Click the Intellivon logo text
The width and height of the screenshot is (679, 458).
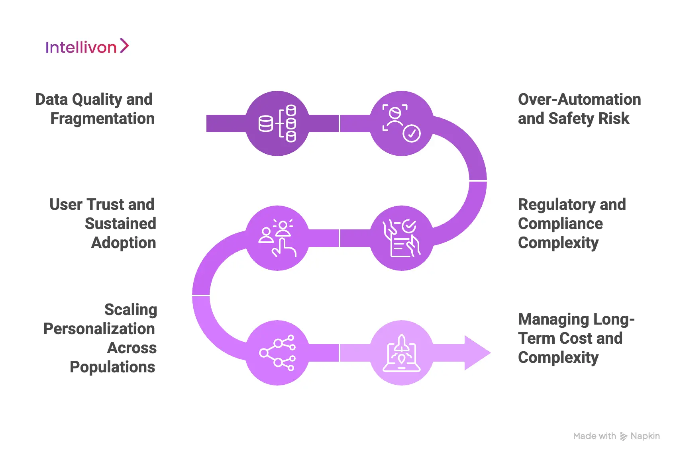click(x=81, y=47)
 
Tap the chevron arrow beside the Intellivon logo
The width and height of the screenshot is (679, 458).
click(x=124, y=46)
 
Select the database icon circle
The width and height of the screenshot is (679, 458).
click(x=277, y=123)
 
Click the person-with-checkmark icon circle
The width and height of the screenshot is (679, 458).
click(x=402, y=123)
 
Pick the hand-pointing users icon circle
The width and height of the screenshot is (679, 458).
click(x=277, y=238)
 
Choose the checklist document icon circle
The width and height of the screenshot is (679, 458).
click(x=402, y=238)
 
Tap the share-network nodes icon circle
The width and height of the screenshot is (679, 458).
click(x=277, y=353)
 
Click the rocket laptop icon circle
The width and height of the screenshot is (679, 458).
click(x=402, y=353)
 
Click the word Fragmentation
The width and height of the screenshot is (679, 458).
click(x=102, y=119)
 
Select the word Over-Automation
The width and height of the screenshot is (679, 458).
click(x=579, y=100)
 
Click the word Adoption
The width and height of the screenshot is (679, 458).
click(x=124, y=243)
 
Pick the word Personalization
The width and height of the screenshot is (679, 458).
click(x=99, y=329)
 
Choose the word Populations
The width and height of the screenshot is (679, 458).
click(x=112, y=367)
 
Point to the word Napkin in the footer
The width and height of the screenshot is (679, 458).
click(x=645, y=436)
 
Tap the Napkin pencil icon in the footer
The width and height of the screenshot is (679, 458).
click(x=624, y=436)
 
